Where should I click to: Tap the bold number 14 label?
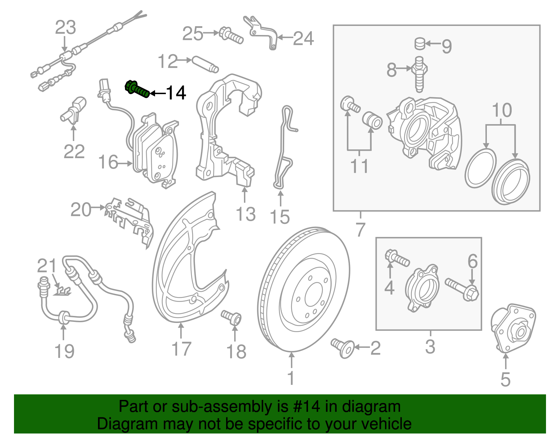pyautogui.click(x=176, y=93)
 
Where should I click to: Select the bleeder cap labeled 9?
pyautogui.click(x=420, y=44)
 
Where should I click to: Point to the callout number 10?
pyautogui.click(x=502, y=110)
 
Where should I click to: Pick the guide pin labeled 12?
pyautogui.click(x=205, y=64)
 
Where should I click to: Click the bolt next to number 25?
pyautogui.click(x=231, y=35)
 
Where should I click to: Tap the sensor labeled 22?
pyautogui.click(x=74, y=111)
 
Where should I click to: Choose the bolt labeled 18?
pyautogui.click(x=232, y=317)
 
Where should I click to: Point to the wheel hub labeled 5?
pyautogui.click(x=513, y=329)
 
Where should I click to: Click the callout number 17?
pyautogui.click(x=181, y=349)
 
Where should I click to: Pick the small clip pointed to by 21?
pyautogui.click(x=63, y=290)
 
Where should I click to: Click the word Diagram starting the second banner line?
pyautogui.click(x=118, y=424)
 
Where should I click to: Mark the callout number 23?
pyautogui.click(x=65, y=28)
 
